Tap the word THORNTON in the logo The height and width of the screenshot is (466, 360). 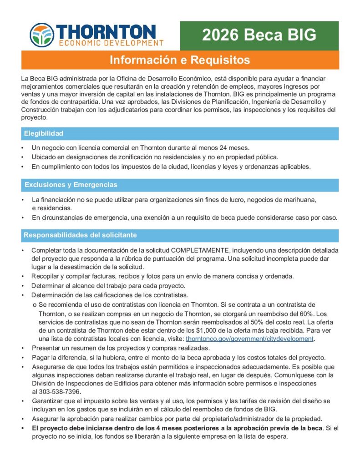pyautogui.click(x=108, y=31)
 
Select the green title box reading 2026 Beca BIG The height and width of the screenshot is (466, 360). pyautogui.click(x=259, y=35)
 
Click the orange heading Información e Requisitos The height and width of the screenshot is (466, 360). pyautogui.click(x=180, y=60)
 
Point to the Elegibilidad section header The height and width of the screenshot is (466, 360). pyautogui.click(x=44, y=133)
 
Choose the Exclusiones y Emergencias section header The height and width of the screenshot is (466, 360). pyautogui.click(x=71, y=185)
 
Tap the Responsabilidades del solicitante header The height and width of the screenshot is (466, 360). pyautogui.click(x=80, y=235)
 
